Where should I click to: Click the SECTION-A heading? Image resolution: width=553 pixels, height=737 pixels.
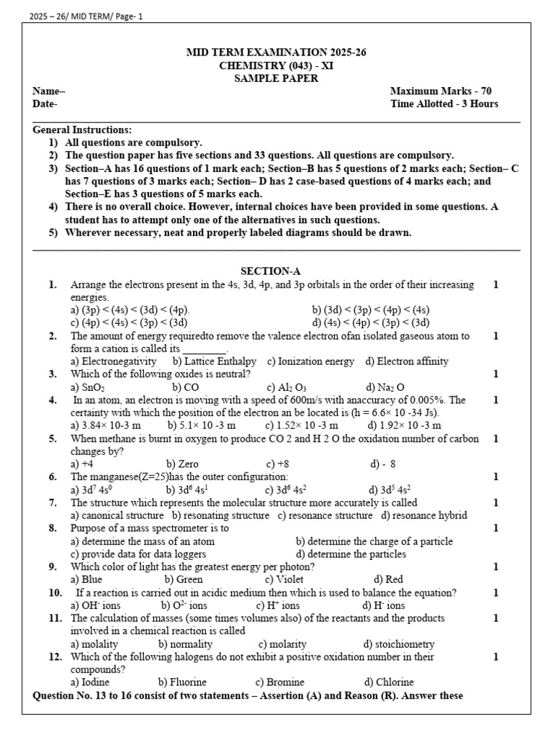(x=270, y=271)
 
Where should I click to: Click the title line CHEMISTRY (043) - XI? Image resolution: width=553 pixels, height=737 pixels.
(x=276, y=65)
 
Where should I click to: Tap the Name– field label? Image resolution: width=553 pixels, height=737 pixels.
(x=48, y=91)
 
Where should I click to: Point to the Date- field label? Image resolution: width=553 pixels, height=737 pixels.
(x=45, y=104)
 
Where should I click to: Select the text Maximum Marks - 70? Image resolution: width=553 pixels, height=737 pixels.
(x=441, y=91)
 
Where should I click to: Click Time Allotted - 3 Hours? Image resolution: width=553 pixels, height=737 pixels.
(x=444, y=104)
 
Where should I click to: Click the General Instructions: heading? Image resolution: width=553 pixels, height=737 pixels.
(x=82, y=130)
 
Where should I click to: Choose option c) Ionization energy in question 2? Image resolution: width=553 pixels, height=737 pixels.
(x=310, y=361)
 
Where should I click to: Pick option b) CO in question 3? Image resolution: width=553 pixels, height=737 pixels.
(x=186, y=387)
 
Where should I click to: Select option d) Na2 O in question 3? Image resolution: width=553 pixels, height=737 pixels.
(x=385, y=387)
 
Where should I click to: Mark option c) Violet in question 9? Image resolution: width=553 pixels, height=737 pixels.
(x=284, y=579)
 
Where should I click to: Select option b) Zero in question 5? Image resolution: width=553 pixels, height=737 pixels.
(x=182, y=464)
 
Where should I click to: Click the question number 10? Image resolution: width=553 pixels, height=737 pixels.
(x=55, y=593)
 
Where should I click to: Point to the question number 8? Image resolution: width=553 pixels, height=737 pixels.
(x=53, y=528)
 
